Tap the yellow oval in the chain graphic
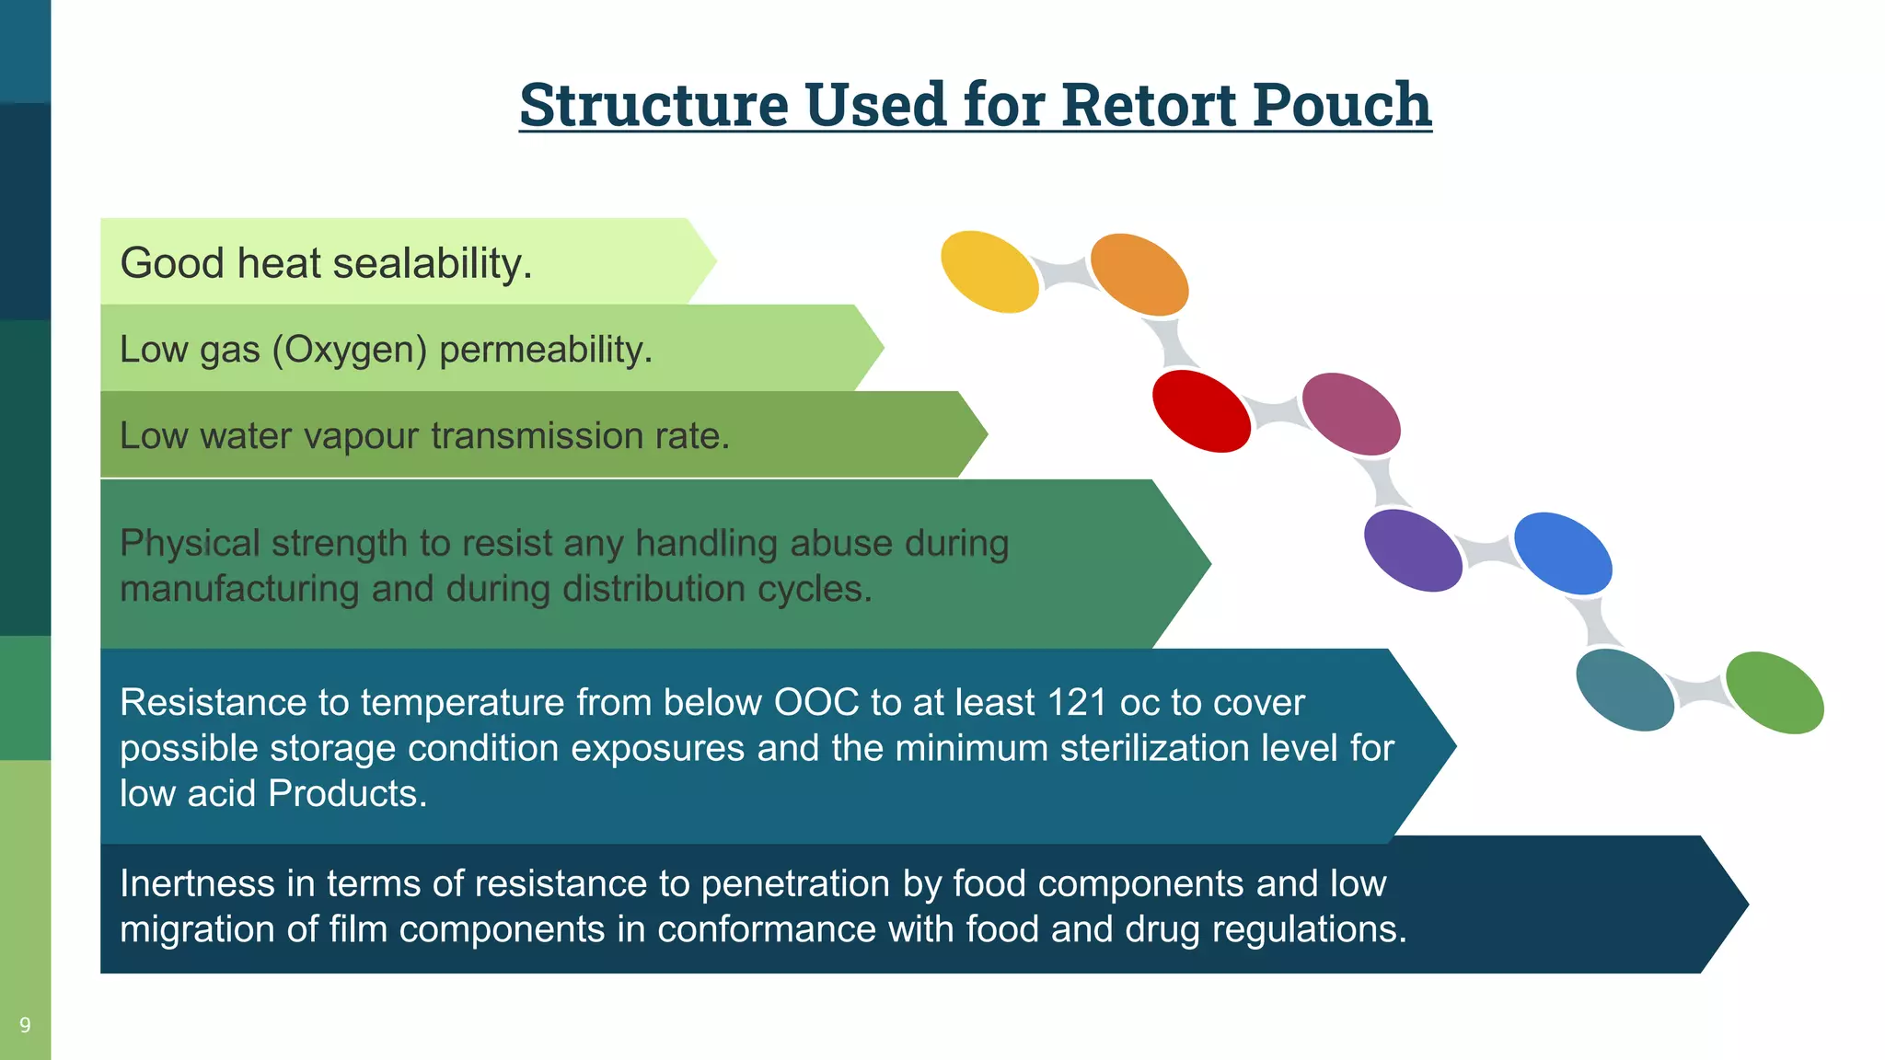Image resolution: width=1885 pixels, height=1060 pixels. (x=989, y=271)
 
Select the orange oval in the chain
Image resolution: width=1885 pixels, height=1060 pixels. (x=1139, y=274)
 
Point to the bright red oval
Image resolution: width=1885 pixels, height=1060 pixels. (x=1201, y=411)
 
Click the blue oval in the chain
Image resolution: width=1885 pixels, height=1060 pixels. (x=1563, y=553)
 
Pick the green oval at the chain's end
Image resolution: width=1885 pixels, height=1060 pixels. (x=1774, y=692)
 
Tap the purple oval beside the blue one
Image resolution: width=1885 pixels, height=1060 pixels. (x=1413, y=550)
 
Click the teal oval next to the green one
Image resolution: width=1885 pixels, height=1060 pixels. (x=1625, y=690)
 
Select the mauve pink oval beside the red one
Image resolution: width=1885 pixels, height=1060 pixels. (x=1351, y=414)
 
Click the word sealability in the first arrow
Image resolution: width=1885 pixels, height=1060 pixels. (x=432, y=264)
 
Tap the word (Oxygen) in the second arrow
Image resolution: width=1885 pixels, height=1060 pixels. (x=350, y=350)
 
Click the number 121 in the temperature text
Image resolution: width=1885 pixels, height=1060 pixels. (x=1077, y=703)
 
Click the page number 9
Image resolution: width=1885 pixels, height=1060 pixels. (x=25, y=1025)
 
